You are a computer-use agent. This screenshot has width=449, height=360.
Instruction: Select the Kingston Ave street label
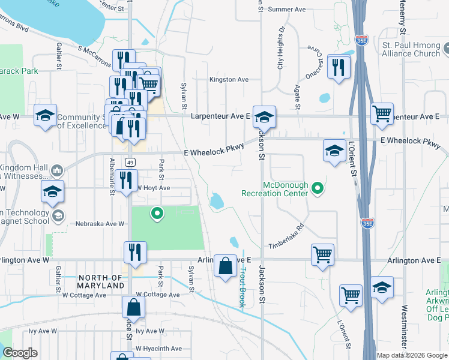pos(229,79)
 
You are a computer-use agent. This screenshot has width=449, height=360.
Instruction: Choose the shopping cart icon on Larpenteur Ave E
pos(382,112)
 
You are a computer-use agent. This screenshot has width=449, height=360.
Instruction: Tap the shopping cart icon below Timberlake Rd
pos(323,254)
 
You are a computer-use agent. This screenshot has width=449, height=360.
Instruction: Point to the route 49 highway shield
pos(130,162)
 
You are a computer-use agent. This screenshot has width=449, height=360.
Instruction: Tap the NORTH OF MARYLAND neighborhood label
pos(101,281)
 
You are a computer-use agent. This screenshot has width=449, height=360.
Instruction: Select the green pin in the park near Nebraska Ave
pos(157,212)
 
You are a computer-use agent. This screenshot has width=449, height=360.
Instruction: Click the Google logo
pos(20,353)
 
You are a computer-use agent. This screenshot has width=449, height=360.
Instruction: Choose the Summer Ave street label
pos(287,9)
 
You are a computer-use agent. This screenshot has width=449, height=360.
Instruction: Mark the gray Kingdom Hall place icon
pos(57,170)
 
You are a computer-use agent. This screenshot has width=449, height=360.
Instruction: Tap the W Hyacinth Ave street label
pos(158,349)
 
